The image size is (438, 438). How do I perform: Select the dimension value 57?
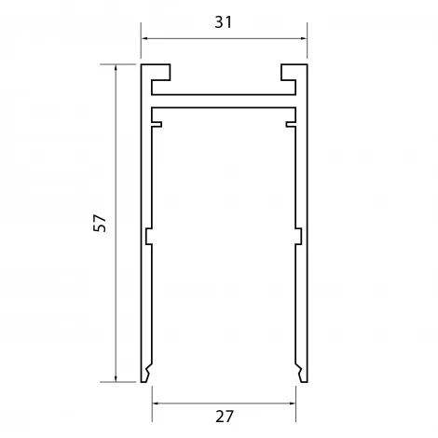(x=101, y=223)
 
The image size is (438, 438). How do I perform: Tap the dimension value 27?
(x=224, y=416)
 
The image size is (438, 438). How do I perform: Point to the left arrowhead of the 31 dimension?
(x=144, y=38)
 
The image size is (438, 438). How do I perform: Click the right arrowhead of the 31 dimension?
(x=303, y=38)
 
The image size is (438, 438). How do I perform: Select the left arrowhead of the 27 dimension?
(x=156, y=404)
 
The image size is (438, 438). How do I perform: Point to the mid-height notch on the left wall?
(x=148, y=237)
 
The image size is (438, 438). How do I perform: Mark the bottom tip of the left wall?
(x=145, y=376)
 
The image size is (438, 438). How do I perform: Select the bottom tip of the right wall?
(x=301, y=376)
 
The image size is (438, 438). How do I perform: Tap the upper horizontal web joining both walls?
(x=224, y=94)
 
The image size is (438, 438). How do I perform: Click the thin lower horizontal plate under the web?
(x=224, y=111)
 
